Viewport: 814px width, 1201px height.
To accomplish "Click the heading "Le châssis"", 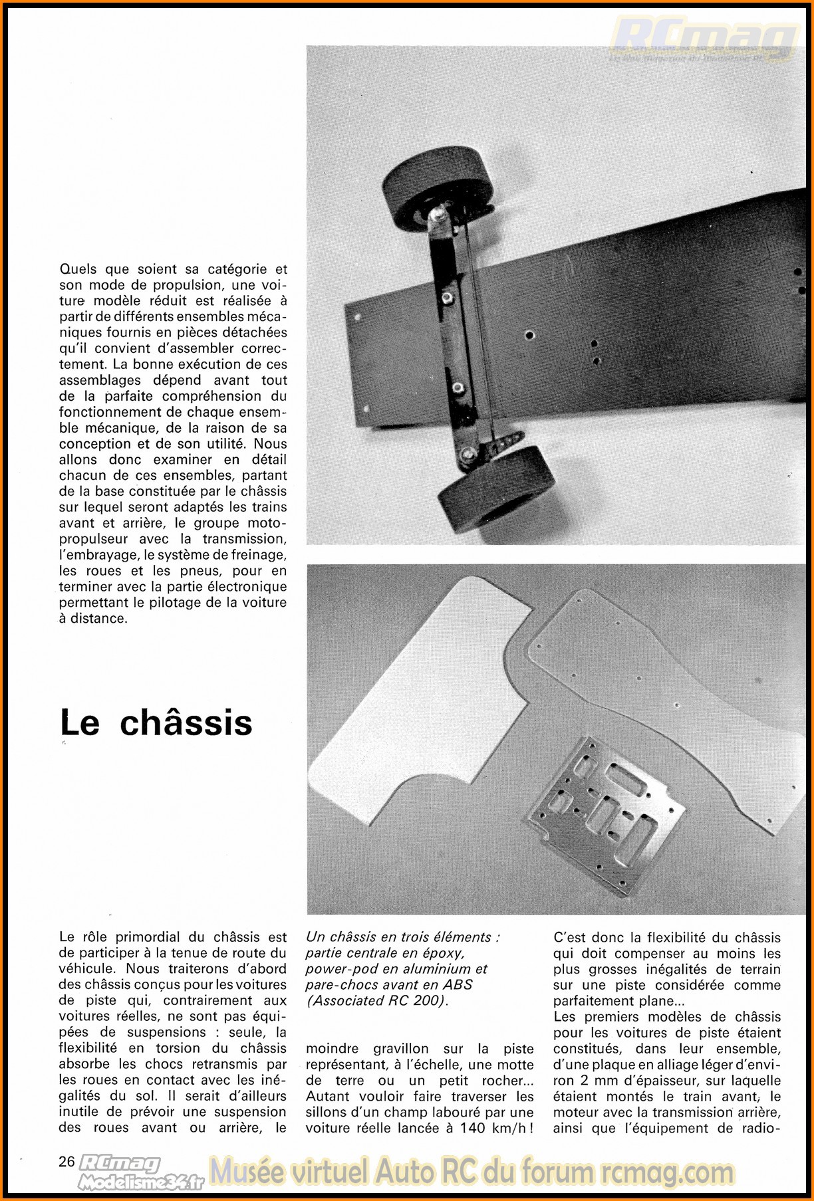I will [x=156, y=723].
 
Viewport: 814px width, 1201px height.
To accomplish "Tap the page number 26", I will [x=67, y=1161].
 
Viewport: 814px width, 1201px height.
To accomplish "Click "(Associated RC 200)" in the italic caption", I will [x=377, y=1001].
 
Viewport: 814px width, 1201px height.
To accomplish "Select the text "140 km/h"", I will [x=495, y=1128].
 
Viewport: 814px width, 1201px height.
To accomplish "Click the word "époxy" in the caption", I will [x=442, y=953].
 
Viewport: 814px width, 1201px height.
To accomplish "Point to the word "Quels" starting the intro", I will [x=78, y=269].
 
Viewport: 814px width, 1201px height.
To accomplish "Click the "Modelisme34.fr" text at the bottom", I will [x=141, y=1181].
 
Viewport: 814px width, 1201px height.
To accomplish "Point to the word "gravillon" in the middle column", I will [x=401, y=1049].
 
